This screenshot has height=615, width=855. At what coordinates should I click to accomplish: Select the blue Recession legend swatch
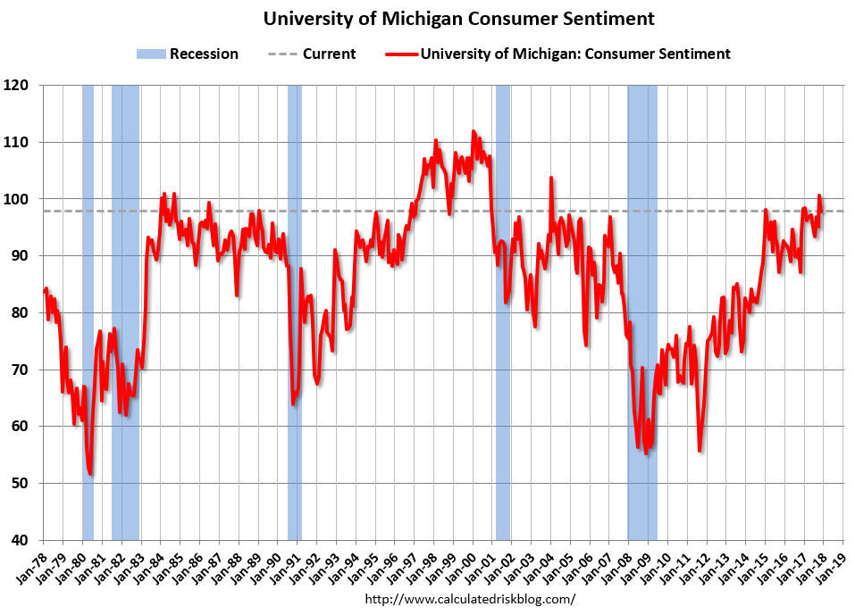click(x=150, y=54)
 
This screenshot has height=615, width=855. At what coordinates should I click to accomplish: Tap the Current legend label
click(x=329, y=54)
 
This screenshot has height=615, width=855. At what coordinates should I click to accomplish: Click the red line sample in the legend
click(x=402, y=54)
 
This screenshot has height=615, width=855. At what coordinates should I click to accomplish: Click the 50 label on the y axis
click(x=21, y=483)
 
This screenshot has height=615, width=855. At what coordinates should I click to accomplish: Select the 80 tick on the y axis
click(x=21, y=312)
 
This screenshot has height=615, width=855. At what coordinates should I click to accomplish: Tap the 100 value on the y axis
click(x=17, y=199)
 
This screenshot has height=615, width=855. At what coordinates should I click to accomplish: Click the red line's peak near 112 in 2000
click(x=474, y=131)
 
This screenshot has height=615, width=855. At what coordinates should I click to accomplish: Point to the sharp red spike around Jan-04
click(x=550, y=178)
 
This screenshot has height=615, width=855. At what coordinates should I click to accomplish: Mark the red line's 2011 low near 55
click(x=700, y=451)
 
